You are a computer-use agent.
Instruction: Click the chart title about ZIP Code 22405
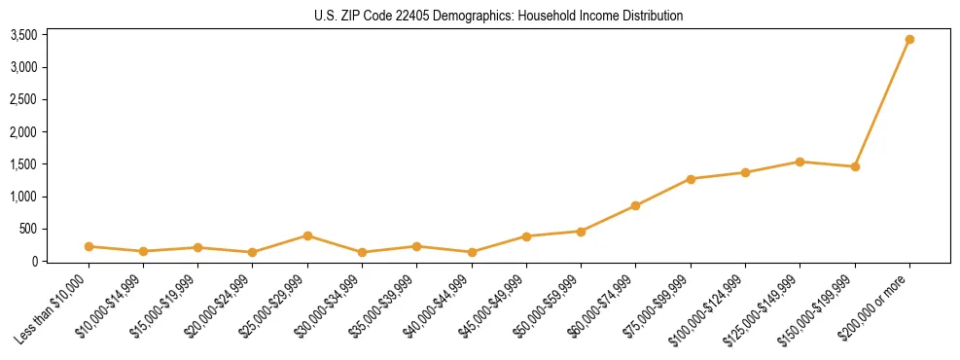498,16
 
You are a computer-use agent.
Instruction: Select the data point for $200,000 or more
909,40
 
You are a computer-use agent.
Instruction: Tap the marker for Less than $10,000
89,246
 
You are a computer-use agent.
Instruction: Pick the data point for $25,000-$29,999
307,235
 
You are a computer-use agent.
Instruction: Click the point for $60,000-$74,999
635,205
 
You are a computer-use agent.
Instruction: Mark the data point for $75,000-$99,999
691,179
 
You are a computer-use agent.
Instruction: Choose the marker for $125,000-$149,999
800,162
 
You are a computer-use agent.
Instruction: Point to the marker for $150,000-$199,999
855,166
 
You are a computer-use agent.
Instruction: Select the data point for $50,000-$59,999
581,232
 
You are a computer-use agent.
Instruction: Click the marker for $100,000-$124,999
745,172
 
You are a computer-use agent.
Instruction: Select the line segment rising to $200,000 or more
882,103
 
